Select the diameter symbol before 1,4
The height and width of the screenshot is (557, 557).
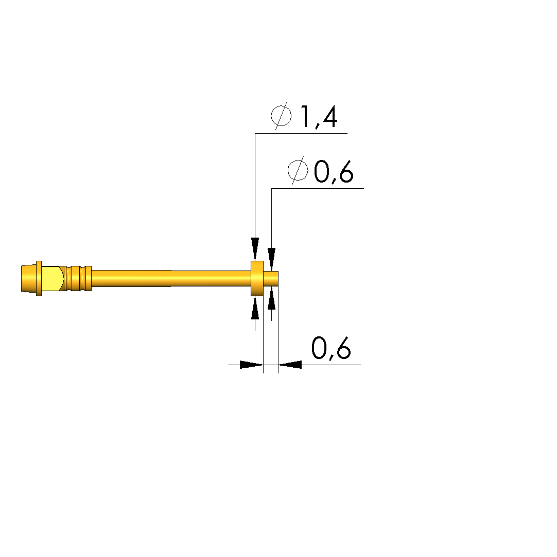[281, 115]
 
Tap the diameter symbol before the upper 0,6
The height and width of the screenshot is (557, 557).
[298, 170]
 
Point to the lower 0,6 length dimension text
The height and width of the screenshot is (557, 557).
[331, 348]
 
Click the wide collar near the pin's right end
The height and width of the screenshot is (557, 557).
[257, 279]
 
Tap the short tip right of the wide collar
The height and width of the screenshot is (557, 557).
[271, 279]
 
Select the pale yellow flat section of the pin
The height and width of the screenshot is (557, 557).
[53, 279]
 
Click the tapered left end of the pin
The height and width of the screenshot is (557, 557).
[29, 279]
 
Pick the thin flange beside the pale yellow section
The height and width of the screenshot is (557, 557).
[39, 279]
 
